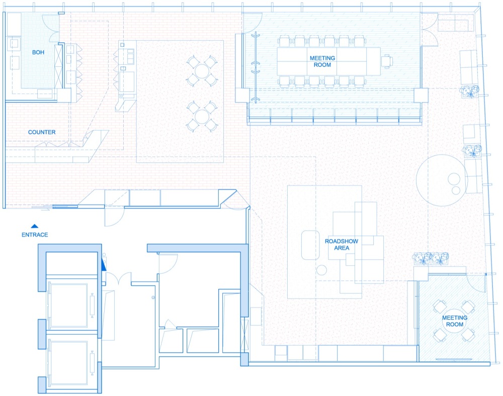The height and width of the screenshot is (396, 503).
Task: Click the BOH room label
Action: [38, 52]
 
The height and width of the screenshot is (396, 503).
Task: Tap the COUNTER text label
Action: [42, 132]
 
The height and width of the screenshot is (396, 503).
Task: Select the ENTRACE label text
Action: [35, 235]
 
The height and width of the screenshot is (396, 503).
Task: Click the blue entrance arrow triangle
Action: [35, 226]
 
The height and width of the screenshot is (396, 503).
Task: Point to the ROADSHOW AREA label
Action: [342, 244]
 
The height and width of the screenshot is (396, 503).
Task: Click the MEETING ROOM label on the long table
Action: [322, 61]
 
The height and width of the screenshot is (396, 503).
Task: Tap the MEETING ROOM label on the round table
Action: [455, 321]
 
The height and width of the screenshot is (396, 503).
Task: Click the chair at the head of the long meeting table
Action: [387, 61]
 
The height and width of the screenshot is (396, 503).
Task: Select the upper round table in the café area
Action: [202, 71]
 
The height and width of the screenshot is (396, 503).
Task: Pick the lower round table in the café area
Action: [202, 117]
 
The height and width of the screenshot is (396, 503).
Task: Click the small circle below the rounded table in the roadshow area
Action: [321, 270]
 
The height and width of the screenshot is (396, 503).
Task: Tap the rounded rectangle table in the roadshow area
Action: [310, 245]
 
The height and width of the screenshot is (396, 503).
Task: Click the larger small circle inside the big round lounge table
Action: [454, 179]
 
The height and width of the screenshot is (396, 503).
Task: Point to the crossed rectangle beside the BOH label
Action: [58, 67]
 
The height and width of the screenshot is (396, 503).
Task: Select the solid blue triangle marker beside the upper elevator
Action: [103, 265]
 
